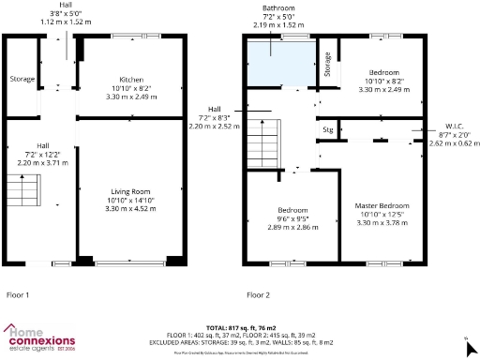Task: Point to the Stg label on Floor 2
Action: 328,128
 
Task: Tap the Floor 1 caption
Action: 19,294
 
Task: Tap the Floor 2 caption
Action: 259,294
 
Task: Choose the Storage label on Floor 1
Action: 21,79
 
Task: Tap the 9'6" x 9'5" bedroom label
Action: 291,218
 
